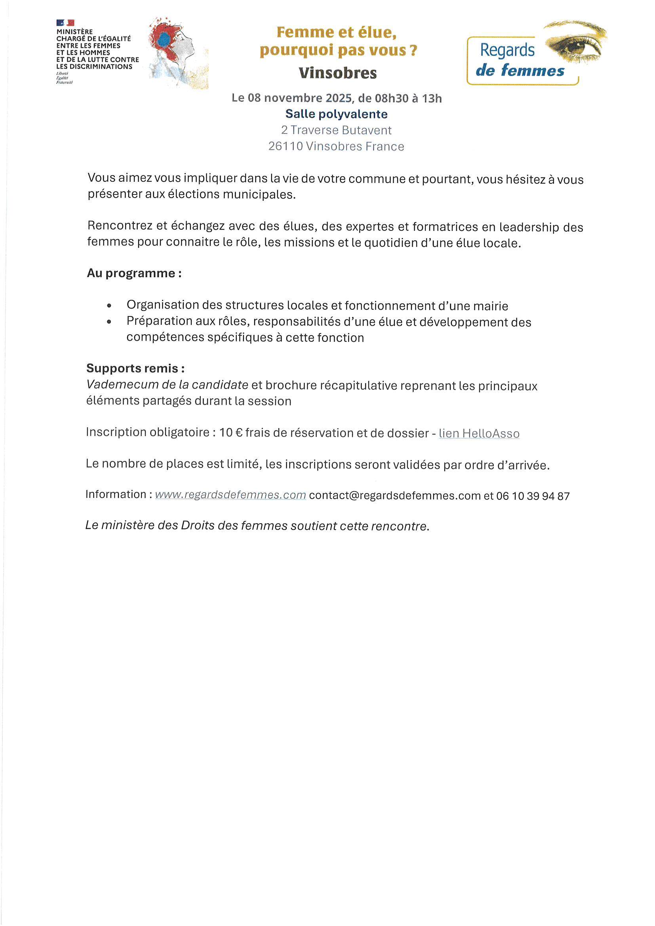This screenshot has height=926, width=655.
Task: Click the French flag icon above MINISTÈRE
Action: pyautogui.click(x=65, y=23)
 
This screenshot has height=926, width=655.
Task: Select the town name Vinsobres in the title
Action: pyautogui.click(x=337, y=73)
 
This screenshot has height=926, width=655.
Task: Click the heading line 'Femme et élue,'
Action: pyautogui.click(x=336, y=32)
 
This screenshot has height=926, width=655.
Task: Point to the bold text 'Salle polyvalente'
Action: pyautogui.click(x=336, y=114)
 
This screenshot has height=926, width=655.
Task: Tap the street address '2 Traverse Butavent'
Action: pyautogui.click(x=336, y=130)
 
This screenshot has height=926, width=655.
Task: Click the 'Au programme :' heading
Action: pyautogui.click(x=134, y=273)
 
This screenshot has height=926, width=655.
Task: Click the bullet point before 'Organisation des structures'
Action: pyautogui.click(x=109, y=306)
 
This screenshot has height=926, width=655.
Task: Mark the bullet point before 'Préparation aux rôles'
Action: pyautogui.click(x=109, y=322)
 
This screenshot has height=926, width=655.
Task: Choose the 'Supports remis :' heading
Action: pyautogui.click(x=135, y=368)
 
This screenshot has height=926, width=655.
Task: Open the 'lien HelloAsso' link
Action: pyautogui.click(x=479, y=434)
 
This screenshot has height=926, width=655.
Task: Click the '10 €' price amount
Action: pyautogui.click(x=231, y=433)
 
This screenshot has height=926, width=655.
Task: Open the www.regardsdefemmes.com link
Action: pyautogui.click(x=230, y=495)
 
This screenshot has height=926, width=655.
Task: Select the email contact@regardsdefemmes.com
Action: pyautogui.click(x=394, y=495)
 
